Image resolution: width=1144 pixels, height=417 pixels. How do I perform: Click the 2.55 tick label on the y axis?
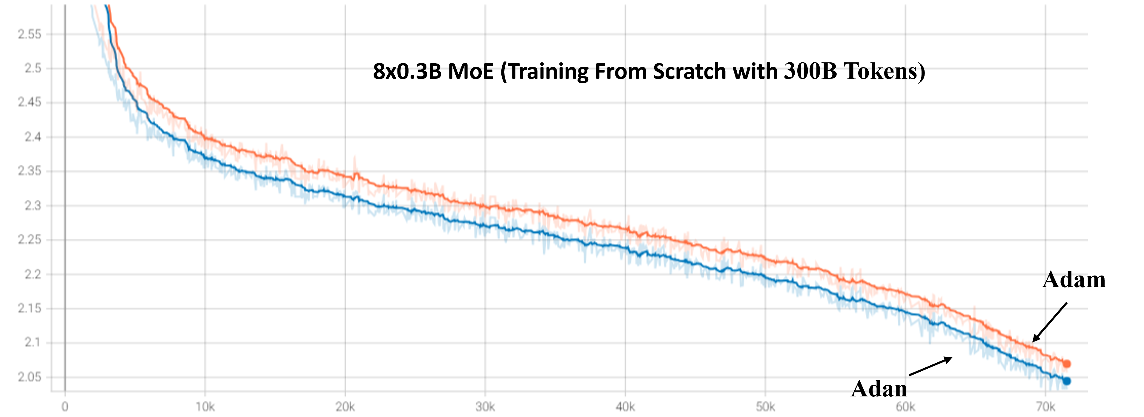click(x=29, y=34)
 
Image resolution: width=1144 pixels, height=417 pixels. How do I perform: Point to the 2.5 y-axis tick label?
click(x=32, y=68)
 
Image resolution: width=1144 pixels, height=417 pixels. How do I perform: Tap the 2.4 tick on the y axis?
click(x=32, y=137)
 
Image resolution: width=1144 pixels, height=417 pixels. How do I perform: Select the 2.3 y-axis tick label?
click(x=32, y=206)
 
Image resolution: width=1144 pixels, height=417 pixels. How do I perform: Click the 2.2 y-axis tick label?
click(x=32, y=274)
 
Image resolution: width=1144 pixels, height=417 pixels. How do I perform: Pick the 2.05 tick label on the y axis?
click(x=29, y=377)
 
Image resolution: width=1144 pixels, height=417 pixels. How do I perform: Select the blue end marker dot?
click(x=1067, y=381)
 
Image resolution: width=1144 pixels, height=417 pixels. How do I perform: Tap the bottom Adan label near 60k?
click(x=879, y=389)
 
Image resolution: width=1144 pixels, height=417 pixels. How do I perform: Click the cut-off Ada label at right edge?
click(x=1065, y=280)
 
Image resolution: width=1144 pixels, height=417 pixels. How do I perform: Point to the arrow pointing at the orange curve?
click(x=1049, y=322)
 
